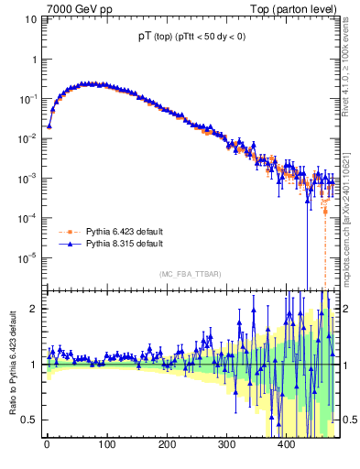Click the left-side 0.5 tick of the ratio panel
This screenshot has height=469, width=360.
30,420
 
